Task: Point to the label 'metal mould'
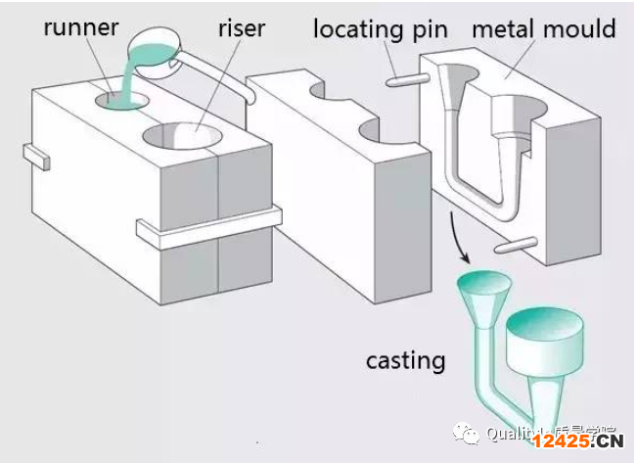coord(544,27)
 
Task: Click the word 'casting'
coord(405,360)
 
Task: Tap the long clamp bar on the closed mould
coord(208,224)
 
